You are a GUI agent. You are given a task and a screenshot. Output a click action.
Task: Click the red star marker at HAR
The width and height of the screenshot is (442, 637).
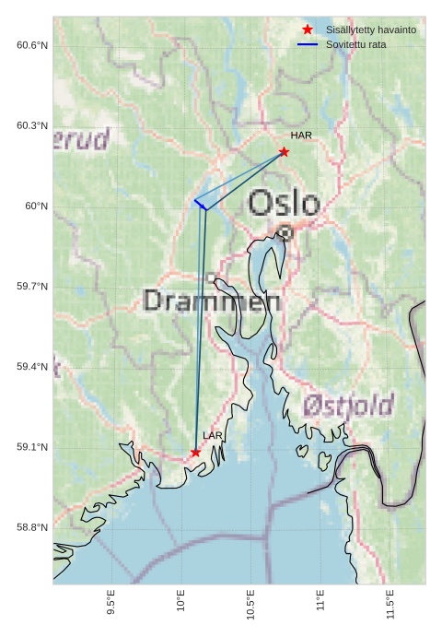point(284,152)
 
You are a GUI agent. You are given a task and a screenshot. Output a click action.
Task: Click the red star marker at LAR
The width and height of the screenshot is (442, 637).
point(195,453)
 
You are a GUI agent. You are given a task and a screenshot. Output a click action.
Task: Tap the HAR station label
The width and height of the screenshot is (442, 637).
point(301,136)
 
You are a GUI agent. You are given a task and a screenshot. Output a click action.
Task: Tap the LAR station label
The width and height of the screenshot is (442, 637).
point(213,435)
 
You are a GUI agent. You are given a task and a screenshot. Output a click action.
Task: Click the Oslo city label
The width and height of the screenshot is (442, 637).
point(285,204)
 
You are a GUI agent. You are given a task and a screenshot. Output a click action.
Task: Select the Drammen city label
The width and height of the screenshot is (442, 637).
point(212,301)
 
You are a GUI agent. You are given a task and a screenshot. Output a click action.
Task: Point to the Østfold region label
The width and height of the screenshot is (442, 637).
point(348,405)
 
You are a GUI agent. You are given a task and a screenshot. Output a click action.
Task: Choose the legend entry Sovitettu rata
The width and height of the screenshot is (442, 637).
point(355,44)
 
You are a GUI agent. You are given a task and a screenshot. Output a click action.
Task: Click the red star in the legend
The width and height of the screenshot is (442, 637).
point(308,29)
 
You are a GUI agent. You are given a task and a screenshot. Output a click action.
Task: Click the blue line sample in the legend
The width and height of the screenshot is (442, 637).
point(308,44)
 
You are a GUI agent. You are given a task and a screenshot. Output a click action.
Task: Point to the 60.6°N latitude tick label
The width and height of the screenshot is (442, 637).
point(32,45)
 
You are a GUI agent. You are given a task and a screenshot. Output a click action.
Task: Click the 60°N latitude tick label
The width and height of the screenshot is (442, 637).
point(37,206)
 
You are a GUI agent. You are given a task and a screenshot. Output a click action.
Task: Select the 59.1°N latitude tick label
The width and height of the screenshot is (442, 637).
point(32,447)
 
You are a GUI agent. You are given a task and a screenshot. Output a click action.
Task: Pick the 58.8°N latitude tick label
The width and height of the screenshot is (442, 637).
point(32,527)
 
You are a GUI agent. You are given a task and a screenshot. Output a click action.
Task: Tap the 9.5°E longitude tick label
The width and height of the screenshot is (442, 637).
point(111,603)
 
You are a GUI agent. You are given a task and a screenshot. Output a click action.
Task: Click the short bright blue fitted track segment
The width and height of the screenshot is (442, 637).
point(200,205)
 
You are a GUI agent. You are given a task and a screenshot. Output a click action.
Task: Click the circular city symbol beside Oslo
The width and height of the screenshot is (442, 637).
point(285,233)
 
